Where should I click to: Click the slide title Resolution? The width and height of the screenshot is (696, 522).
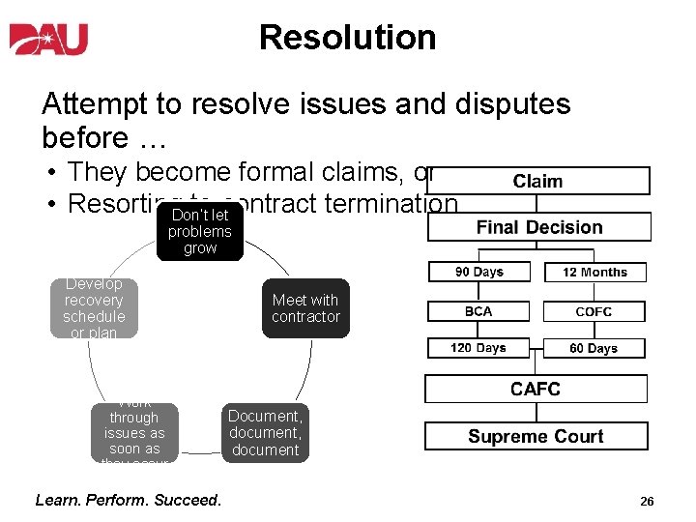347,38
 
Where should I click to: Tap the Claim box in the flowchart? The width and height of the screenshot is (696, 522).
538,181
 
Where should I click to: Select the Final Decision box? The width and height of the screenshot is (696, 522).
538,227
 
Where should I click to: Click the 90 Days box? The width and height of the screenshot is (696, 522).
478,273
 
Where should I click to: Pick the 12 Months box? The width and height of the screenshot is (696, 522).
594,273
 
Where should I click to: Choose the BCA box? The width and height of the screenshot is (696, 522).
478,311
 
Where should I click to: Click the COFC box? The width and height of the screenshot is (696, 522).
594,311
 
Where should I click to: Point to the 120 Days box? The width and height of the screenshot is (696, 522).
478,348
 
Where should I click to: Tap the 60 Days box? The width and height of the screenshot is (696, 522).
594,348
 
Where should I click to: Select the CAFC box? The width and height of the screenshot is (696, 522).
536,389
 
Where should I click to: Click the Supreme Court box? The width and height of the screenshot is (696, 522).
536,436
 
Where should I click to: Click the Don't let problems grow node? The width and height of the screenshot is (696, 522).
200,232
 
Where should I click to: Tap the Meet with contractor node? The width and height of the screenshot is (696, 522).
305,308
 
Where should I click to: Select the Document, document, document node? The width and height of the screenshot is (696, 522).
265,432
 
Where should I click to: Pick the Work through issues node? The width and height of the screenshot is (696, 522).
134,433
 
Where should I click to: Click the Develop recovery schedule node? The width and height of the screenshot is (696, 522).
94,308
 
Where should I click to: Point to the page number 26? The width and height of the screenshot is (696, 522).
647,502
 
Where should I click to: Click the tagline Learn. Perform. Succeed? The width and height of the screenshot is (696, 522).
128,500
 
